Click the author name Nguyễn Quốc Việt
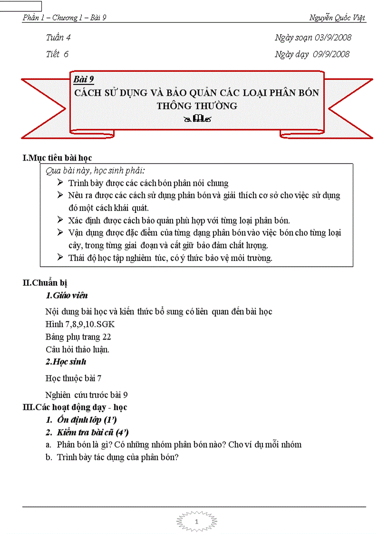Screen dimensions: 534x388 [337, 18]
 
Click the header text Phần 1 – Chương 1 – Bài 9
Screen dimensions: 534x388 [64, 18]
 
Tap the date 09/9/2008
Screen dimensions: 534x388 [331, 54]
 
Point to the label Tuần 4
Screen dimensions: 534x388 [58, 38]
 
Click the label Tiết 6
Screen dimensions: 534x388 [57, 54]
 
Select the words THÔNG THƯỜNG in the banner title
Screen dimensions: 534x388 [197, 106]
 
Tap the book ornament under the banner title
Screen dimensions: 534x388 [197, 119]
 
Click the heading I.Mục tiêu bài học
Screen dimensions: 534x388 [58, 158]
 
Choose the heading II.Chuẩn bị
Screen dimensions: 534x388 [48, 283]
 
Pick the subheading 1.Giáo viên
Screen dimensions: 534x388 [67, 296]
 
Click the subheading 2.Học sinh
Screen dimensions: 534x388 [66, 362]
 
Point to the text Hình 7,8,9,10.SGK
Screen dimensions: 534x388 [80, 324]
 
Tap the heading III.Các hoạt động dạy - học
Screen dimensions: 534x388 [75, 408]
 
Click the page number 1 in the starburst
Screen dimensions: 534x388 [196, 523]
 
